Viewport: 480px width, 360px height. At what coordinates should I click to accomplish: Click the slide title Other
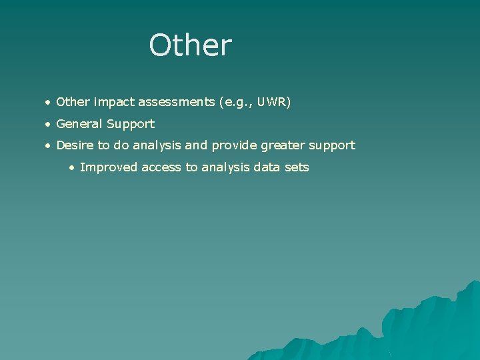(191, 45)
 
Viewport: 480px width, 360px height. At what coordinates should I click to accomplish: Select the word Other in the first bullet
(73, 102)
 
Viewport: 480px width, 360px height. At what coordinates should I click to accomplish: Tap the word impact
(114, 102)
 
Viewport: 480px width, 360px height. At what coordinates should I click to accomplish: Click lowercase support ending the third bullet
(331, 145)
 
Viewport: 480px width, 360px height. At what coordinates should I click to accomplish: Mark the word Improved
(105, 167)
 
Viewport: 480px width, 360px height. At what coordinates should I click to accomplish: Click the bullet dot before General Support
(47, 124)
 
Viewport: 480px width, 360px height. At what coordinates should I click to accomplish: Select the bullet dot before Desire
(47, 145)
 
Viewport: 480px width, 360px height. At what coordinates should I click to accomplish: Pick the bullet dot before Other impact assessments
(47, 103)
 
